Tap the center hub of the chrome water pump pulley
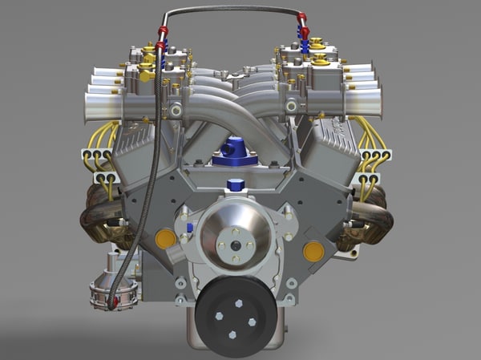point(235,233)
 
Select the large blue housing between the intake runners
point(235,151)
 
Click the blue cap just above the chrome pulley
point(235,185)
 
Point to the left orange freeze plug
point(165,238)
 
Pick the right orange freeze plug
point(313,251)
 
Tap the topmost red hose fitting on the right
point(301,18)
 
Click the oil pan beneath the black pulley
point(236,345)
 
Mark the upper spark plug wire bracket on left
point(96,155)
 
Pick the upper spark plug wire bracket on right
point(374,155)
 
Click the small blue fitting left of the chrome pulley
point(190,228)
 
